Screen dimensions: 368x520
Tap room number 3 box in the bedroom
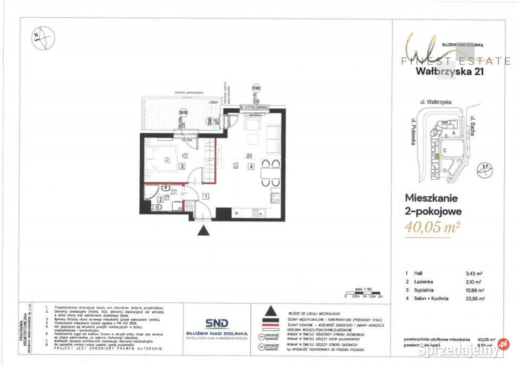pos(183,166)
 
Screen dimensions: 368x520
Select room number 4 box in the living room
pos(250,167)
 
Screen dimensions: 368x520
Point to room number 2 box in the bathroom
pos(160,199)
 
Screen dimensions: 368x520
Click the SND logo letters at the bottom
pos(216,323)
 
